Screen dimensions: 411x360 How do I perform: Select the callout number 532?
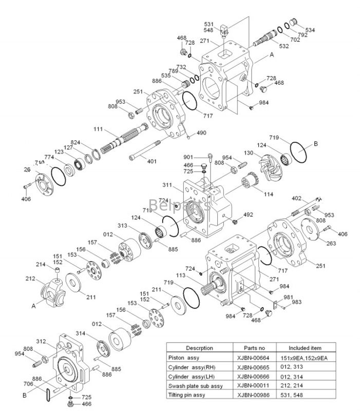283,46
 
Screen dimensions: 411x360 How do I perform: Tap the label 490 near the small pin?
201,133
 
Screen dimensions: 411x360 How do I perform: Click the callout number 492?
248,215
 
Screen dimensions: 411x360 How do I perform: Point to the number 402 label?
296,198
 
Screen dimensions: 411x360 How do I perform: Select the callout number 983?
297,302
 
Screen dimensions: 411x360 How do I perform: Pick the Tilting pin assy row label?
187,395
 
